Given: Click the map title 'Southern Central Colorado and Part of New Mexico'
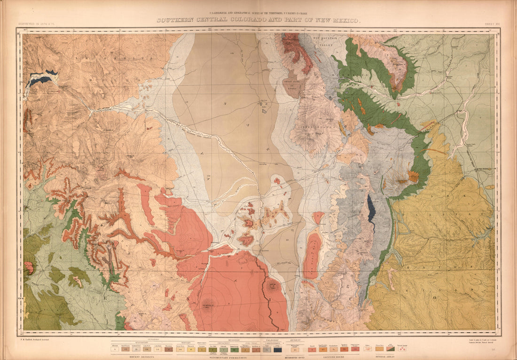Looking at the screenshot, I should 259,20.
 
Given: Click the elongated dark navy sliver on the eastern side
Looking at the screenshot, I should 372,210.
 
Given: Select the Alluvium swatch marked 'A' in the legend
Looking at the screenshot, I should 115,349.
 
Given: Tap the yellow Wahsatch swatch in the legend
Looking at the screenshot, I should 191,350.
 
